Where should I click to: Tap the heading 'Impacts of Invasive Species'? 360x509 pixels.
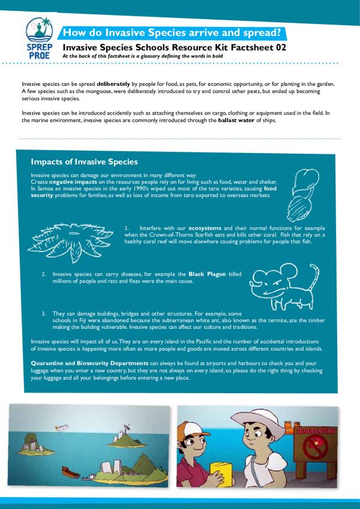(x=84, y=162)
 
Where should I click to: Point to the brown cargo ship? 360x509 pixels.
(x=71, y=472)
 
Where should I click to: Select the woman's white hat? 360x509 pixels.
(x=259, y=418)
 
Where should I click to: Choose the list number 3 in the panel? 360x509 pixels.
(x=44, y=314)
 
